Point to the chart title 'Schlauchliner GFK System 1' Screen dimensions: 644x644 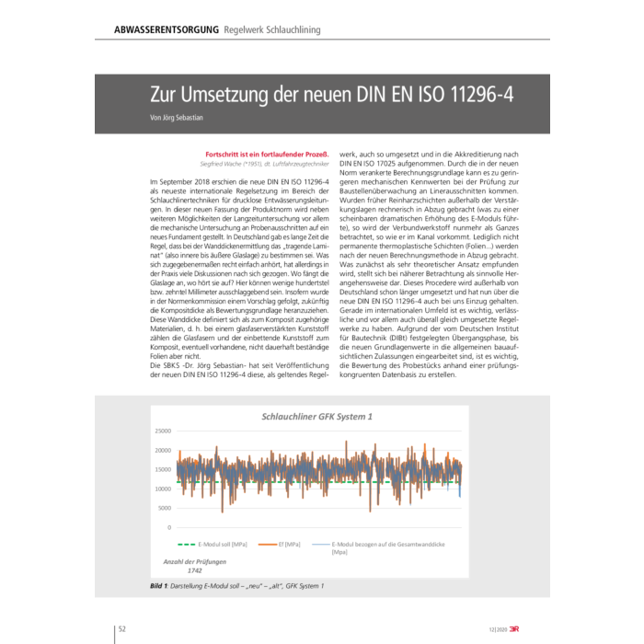pos(317,417)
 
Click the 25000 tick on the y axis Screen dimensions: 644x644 pos(162,431)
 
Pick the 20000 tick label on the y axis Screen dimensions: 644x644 pos(162,450)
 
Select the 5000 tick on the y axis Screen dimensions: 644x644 pos(164,508)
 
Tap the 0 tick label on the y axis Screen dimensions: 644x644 pos(168,527)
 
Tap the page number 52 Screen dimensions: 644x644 pos(122,629)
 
